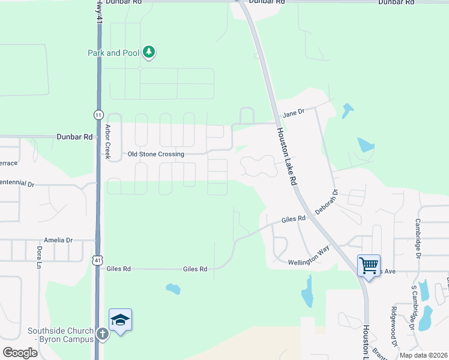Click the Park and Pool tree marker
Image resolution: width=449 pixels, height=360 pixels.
click(x=149, y=53)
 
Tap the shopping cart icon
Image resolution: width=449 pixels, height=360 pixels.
click(x=369, y=264)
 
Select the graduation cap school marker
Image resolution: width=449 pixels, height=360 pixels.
click(x=120, y=320)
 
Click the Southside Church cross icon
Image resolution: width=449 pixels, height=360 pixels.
click(x=103, y=334)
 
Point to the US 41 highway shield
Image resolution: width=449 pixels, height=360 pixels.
click(x=97, y=260)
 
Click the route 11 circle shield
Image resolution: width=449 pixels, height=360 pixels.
click(x=98, y=115)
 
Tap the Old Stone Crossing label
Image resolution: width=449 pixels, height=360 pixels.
click(x=155, y=154)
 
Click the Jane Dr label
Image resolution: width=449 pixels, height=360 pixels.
click(x=294, y=112)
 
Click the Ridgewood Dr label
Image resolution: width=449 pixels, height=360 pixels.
click(x=394, y=323)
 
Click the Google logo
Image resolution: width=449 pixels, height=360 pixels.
click(x=20, y=352)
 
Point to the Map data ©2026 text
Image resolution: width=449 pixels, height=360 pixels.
click(x=423, y=355)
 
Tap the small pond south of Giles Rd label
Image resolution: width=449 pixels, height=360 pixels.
click(x=173, y=289)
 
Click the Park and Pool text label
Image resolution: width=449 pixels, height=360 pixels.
click(x=113, y=53)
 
